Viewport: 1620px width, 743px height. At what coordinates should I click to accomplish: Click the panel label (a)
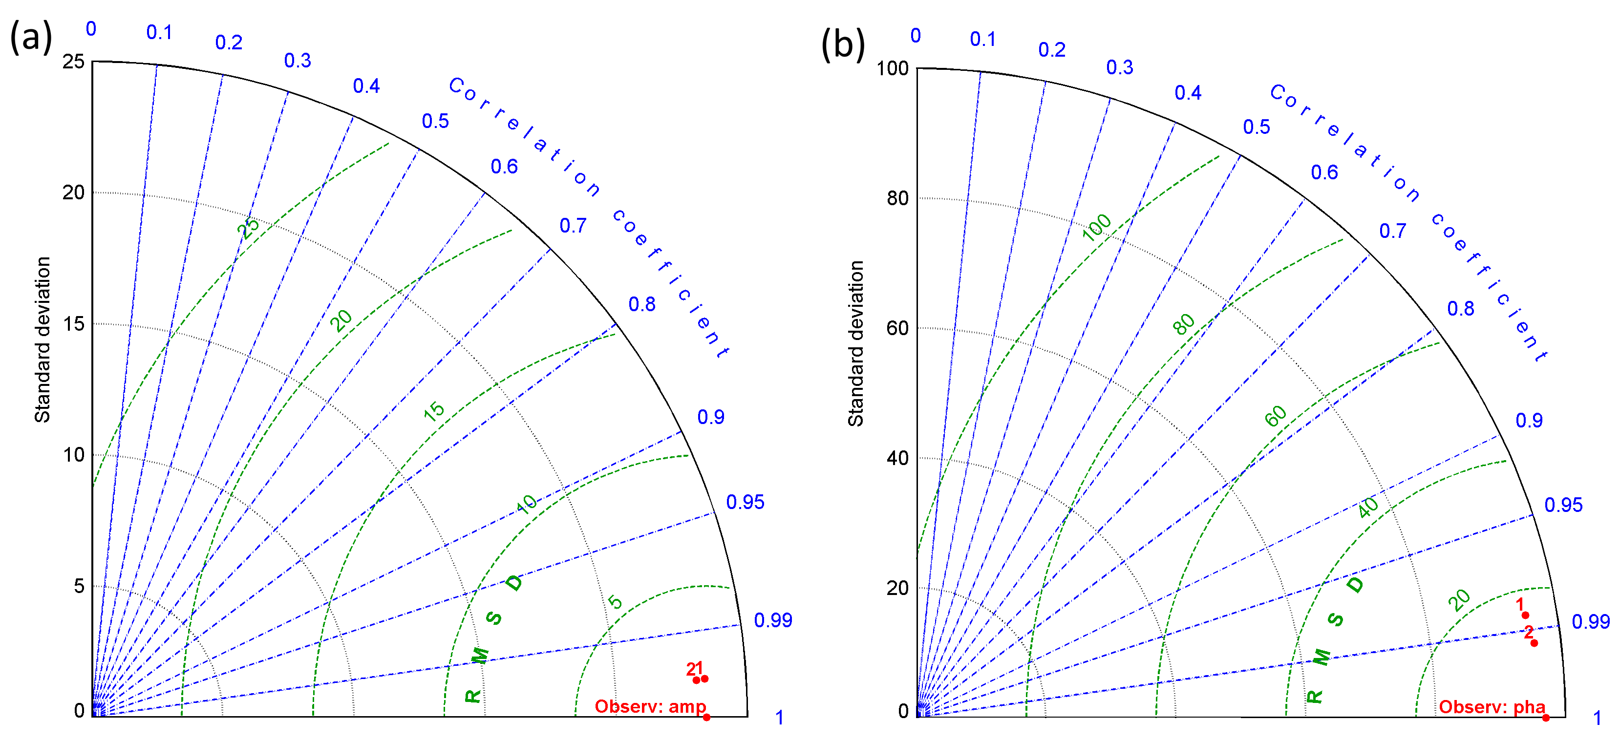(30, 37)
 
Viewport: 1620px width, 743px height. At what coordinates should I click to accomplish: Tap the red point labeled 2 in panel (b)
(1535, 642)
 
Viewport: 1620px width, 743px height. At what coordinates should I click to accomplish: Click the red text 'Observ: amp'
(650, 706)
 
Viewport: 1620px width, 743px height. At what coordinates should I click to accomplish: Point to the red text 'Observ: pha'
(1492, 707)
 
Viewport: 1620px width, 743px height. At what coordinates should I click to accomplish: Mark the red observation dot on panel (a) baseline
(706, 717)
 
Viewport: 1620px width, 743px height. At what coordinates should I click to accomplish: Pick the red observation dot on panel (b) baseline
(1546, 718)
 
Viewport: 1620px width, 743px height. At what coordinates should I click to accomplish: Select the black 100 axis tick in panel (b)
(893, 68)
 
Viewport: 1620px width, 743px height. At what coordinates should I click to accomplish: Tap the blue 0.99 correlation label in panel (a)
(773, 620)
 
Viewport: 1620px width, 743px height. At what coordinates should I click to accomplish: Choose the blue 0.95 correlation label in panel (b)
(1563, 505)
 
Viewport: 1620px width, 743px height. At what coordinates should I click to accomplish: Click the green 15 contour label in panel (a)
(434, 411)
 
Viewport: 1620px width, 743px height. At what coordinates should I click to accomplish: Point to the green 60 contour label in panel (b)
(1276, 416)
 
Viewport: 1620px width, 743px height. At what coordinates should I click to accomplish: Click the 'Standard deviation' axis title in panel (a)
(42, 340)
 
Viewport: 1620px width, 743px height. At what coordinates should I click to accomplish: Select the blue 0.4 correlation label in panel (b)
(1188, 93)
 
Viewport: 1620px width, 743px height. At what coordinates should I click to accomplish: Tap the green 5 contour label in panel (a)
(615, 602)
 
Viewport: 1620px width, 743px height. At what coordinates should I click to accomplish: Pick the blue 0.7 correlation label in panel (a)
(573, 226)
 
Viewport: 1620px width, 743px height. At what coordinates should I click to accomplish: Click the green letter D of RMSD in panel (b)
(1355, 585)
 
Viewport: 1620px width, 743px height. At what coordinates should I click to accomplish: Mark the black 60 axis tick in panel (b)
(897, 328)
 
